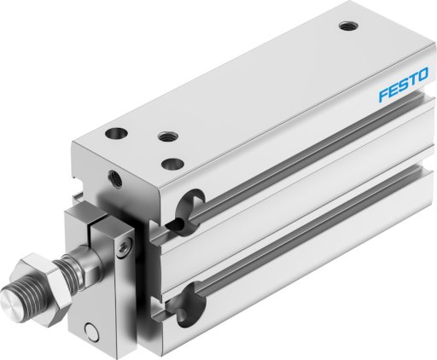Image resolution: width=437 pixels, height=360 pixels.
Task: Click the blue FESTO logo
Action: pyautogui.click(x=403, y=84)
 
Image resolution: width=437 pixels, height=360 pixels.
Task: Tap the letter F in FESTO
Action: pyautogui.click(x=383, y=95)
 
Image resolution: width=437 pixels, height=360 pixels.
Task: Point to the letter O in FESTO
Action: pyautogui.click(x=422, y=75)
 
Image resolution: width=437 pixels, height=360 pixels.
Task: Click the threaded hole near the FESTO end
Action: pyautogui.click(x=348, y=26)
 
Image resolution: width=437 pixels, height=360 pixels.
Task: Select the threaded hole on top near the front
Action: pyautogui.click(x=168, y=136)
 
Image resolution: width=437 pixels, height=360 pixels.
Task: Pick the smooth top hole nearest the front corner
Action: pyautogui.click(x=116, y=133)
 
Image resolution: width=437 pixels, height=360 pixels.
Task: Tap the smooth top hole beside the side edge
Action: pyautogui.click(x=172, y=164)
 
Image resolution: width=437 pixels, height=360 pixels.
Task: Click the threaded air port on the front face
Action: pyautogui.click(x=114, y=178)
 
